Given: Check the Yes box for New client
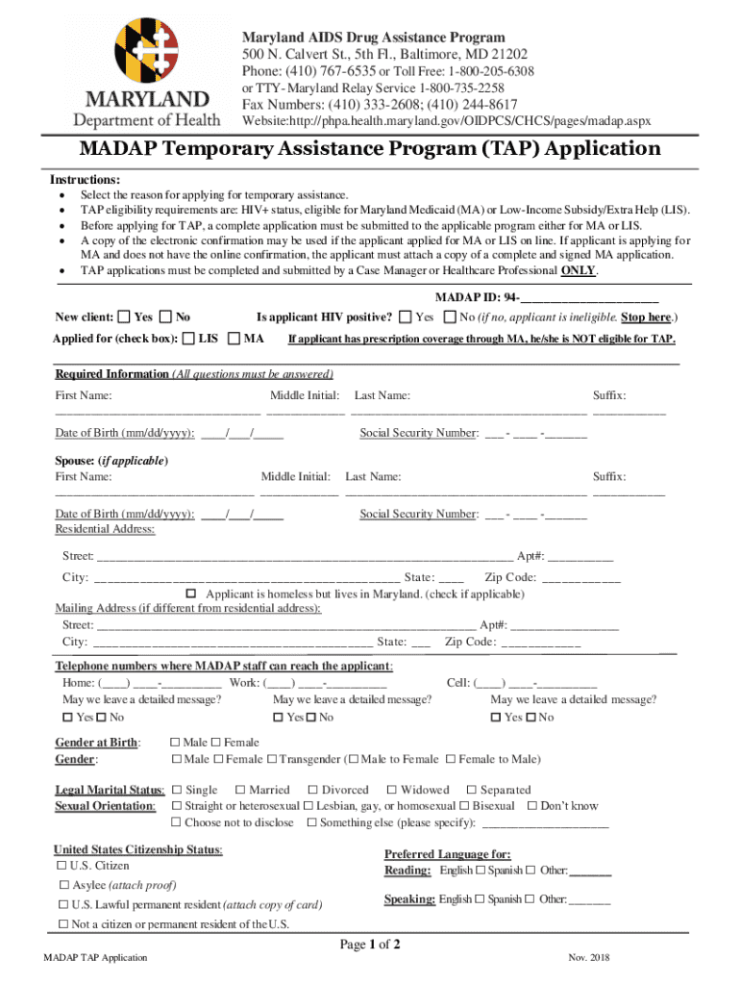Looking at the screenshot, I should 123,316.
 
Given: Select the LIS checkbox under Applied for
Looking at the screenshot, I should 188,339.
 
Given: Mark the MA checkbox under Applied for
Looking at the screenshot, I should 234,339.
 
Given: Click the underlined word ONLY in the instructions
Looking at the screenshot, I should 578,270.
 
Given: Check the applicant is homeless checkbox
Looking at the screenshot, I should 190,594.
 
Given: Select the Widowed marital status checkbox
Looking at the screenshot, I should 391,790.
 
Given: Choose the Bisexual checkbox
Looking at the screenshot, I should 464,806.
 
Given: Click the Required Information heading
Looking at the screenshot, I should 111,374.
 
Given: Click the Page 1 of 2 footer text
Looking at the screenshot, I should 370,945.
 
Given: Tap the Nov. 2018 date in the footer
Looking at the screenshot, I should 589,958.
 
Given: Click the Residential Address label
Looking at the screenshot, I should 105,529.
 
